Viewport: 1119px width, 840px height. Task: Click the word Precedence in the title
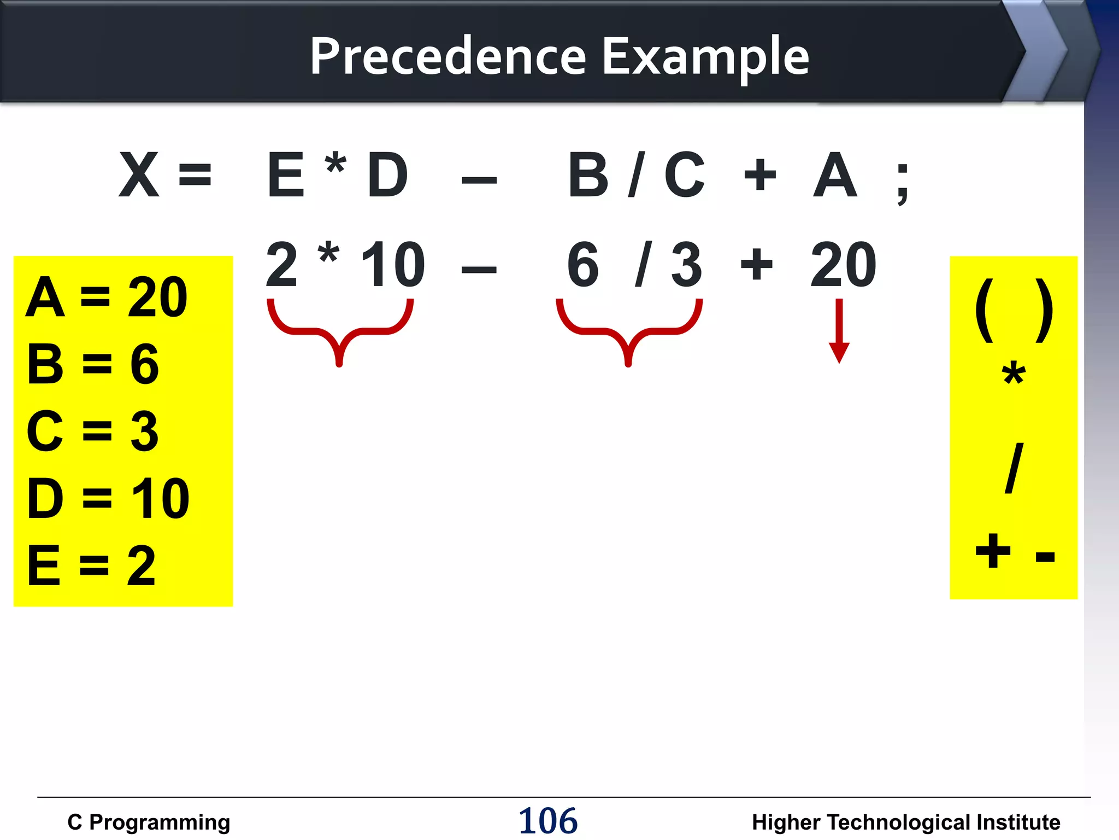coord(448,56)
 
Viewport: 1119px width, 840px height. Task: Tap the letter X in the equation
coord(139,175)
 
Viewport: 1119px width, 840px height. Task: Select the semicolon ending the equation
coord(903,183)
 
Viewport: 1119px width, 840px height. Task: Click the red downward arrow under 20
coord(839,331)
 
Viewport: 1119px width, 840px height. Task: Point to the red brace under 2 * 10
coord(340,330)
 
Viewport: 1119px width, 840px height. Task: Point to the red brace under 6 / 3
coord(629,330)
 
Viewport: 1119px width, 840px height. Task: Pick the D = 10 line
coord(108,498)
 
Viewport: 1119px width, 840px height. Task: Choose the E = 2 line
coord(92,565)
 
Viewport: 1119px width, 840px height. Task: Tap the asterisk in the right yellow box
coord(1014,375)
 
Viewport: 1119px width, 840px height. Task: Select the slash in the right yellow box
coord(1014,468)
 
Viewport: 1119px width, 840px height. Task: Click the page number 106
coord(547,821)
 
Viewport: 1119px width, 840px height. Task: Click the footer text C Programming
coord(149,822)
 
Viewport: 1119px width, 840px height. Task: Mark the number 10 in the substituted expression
coord(392,265)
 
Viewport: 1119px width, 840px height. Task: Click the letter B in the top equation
coord(588,175)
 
